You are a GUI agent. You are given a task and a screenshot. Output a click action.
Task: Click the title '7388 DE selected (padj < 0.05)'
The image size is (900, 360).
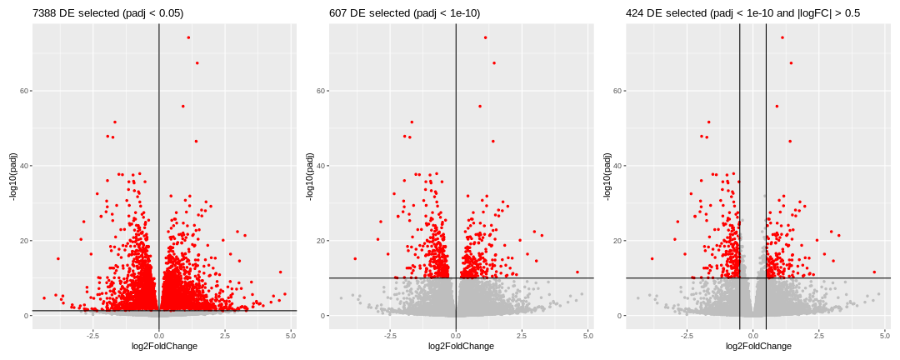pos(107,13)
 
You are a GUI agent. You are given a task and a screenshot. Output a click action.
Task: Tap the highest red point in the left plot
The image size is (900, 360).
pos(188,37)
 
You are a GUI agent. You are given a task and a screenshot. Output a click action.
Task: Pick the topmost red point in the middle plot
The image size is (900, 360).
pos(485,37)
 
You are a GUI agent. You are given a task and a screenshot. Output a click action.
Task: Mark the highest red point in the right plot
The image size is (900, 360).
pos(782,37)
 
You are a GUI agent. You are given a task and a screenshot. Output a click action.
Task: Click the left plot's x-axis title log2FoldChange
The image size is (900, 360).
pos(164,346)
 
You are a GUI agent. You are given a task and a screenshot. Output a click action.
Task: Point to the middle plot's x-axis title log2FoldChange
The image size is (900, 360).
pos(461,346)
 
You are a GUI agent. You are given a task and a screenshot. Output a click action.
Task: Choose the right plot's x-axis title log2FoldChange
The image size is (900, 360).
pos(757,346)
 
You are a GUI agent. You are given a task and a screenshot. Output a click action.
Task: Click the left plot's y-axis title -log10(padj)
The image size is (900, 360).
pos(14,177)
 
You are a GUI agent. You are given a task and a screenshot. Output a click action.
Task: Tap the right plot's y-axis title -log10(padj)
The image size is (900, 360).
pos(607,177)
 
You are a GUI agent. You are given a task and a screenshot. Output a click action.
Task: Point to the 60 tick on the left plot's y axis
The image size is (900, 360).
pos(26,91)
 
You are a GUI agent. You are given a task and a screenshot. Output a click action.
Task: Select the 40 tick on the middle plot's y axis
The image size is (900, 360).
pos(322,166)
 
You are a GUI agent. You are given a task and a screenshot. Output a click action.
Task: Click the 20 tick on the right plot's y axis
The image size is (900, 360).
pos(619,241)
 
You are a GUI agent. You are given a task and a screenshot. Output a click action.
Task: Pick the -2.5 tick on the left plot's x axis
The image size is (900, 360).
pos(92,335)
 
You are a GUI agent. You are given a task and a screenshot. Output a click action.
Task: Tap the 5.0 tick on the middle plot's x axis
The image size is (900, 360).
pos(587,335)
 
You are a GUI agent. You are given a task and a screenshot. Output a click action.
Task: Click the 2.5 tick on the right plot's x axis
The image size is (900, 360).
pos(818,335)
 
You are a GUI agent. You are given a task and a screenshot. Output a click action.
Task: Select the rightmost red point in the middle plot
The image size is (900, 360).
pos(577,272)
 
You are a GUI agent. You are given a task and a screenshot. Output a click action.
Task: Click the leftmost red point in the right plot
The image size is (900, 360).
pos(652,258)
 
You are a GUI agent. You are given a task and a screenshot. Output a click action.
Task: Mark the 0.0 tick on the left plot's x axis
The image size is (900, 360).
pos(158,335)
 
